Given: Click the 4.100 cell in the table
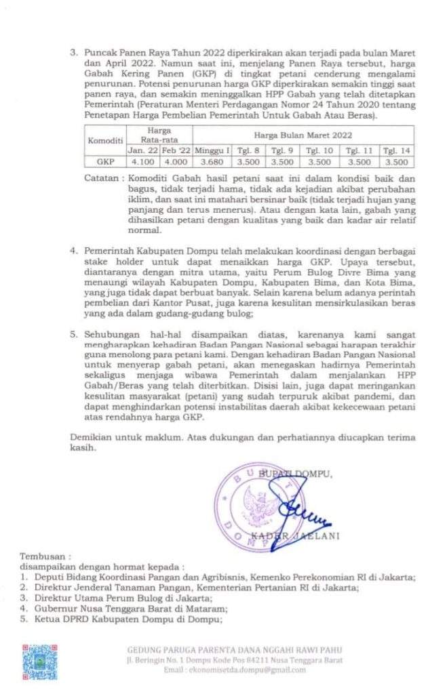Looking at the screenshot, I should click(142, 162).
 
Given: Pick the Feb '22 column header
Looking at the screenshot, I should click(175, 151).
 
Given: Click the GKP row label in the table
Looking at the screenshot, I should click(105, 162).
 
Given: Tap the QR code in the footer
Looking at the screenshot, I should click(40, 661).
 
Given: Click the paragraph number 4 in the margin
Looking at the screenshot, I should click(74, 251).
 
